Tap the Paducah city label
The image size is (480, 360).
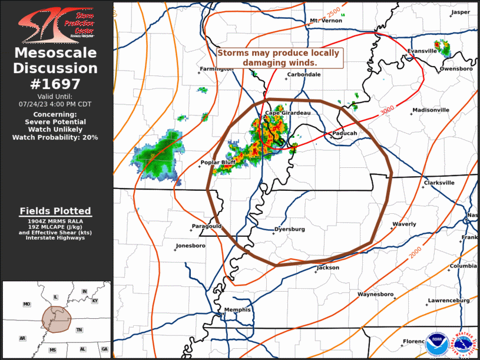346,133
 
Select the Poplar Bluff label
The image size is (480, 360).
219,163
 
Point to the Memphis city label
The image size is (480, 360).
237,310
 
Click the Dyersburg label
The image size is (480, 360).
290,229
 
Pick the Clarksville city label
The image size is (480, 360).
439,183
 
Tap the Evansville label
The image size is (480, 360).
422,51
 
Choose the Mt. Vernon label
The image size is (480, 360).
326,21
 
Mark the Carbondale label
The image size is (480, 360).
303,75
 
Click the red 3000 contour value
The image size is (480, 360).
387,111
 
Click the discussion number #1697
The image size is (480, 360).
55,84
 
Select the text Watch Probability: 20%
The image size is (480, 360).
55,137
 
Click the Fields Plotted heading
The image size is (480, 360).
55,210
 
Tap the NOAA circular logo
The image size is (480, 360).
437,344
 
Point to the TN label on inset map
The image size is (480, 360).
79,330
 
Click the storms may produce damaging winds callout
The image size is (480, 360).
280,57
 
